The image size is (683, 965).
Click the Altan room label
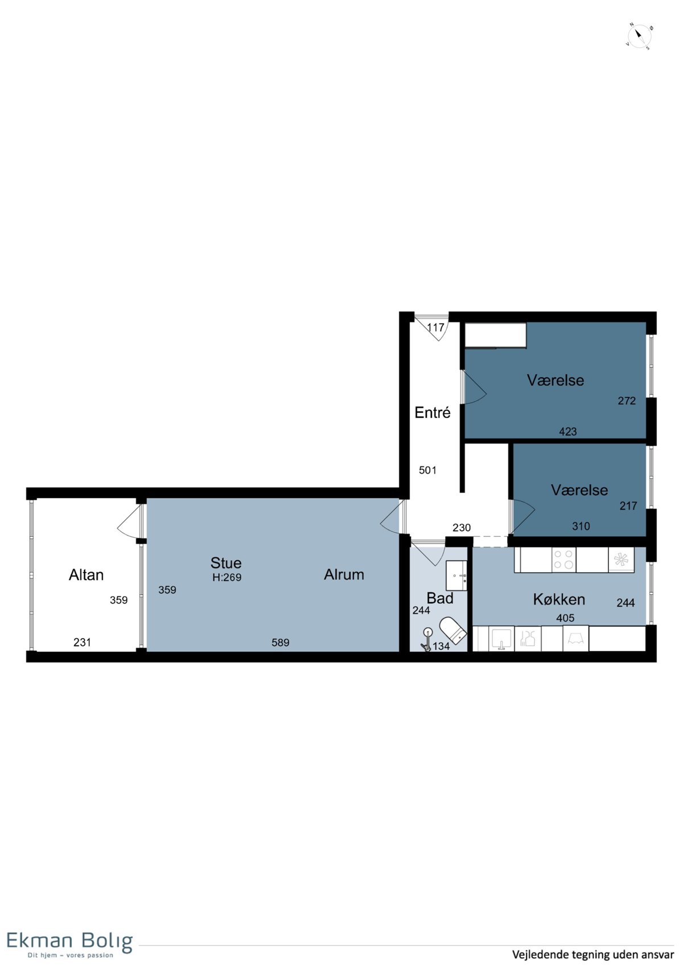(x=87, y=575)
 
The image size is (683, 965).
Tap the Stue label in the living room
(x=226, y=562)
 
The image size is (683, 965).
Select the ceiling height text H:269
(x=227, y=577)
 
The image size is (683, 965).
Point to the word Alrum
(x=344, y=574)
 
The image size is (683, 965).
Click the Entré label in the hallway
(x=433, y=412)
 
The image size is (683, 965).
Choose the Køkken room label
(x=559, y=599)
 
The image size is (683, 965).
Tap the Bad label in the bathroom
(x=440, y=598)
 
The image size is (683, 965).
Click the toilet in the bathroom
(x=452, y=630)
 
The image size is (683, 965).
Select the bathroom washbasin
(x=456, y=575)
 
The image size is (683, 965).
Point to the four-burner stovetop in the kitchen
(x=563, y=560)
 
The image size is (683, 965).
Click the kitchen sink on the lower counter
(x=501, y=638)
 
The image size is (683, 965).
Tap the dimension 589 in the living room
(x=280, y=643)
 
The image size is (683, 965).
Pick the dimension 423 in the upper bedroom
(x=568, y=431)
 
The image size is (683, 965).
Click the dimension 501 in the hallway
(x=428, y=470)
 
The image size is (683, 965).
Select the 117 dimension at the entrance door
(x=435, y=328)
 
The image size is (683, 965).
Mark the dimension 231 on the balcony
(x=83, y=643)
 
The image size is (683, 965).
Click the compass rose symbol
(x=639, y=36)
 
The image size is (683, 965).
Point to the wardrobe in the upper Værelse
(x=495, y=335)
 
